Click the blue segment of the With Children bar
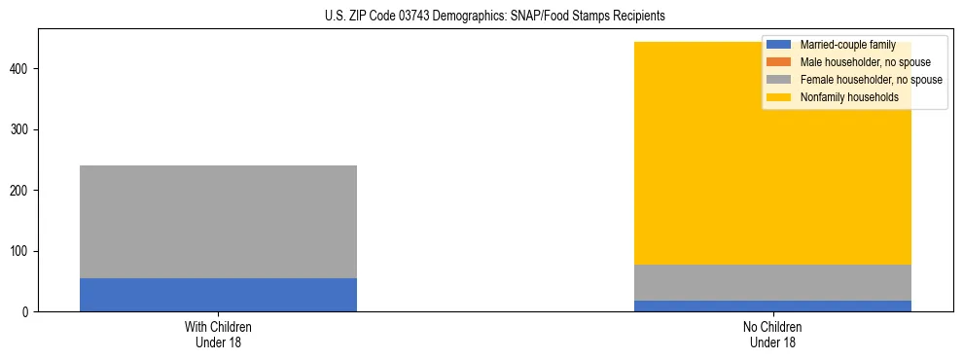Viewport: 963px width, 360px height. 218,295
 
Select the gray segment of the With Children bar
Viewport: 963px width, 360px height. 218,222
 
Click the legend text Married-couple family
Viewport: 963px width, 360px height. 847,45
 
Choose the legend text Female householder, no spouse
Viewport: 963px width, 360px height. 871,80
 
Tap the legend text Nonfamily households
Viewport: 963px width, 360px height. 842,97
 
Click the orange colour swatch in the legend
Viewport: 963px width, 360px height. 779,62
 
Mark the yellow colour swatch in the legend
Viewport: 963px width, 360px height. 779,97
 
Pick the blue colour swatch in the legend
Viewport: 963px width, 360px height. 779,45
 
